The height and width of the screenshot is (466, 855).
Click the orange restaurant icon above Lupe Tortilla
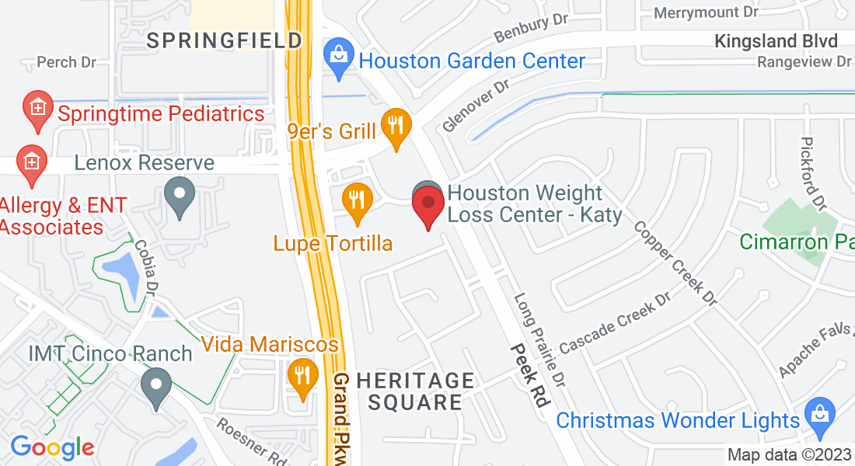coord(357,201)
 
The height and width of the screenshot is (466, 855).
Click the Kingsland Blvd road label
coord(776,41)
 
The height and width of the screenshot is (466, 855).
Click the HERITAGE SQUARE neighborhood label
coord(415,391)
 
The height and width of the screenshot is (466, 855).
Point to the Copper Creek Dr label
coord(675,263)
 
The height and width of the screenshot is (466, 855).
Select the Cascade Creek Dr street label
coord(615,322)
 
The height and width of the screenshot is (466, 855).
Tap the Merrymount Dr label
coord(706,13)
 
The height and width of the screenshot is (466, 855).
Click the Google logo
coord(52,447)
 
